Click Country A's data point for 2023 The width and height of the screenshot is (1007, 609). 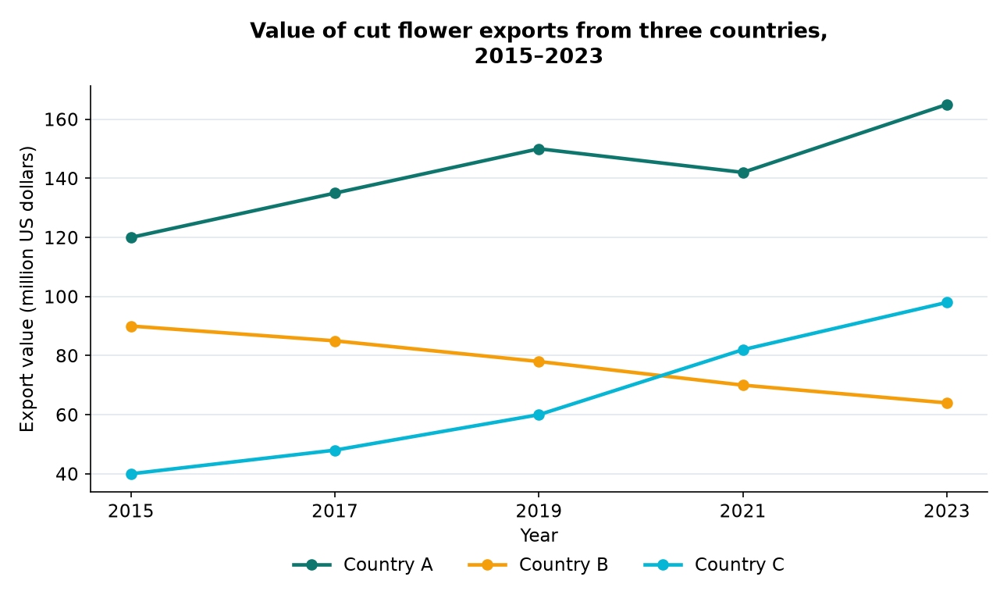click(x=947, y=105)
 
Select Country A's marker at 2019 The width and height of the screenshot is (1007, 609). click(x=539, y=149)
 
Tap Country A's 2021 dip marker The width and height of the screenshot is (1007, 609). click(x=743, y=173)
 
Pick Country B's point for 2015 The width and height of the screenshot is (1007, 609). click(x=131, y=326)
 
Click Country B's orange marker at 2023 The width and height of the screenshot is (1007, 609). click(x=947, y=403)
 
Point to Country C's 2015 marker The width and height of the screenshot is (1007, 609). click(x=131, y=474)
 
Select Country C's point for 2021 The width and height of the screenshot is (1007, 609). click(x=743, y=350)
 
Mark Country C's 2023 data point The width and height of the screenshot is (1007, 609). click(x=947, y=302)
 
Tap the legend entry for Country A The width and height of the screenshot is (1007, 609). click(x=362, y=565)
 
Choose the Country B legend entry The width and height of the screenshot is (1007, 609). click(x=538, y=565)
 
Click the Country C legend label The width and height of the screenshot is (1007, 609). click(x=739, y=565)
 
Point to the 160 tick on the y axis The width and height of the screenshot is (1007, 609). click(x=61, y=120)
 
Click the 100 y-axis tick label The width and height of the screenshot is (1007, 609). click(x=61, y=297)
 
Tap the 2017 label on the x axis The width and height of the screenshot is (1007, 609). click(x=334, y=511)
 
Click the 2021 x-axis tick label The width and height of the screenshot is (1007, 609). click(x=742, y=511)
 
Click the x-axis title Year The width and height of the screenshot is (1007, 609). click(x=539, y=536)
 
